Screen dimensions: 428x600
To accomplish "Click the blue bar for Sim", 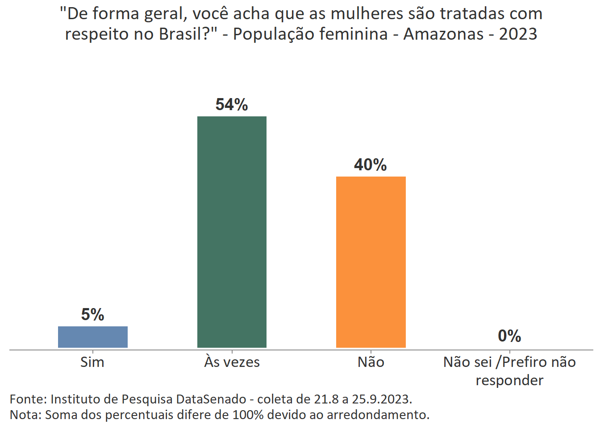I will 93,337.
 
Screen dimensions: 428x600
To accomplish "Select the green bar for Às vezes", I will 232,232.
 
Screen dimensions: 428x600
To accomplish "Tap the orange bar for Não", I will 371,262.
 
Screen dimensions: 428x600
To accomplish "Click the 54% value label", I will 232,105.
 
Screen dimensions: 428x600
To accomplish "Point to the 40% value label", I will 371,165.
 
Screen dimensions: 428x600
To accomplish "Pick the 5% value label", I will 93,315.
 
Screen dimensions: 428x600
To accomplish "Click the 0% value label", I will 509,336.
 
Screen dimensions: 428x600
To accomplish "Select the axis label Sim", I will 92,362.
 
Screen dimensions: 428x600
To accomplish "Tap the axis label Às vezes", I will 232,362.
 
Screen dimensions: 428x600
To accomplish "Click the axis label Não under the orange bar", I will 371,362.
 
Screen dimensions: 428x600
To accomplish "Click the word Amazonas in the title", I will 443,34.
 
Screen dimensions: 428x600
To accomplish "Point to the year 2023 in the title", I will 518,34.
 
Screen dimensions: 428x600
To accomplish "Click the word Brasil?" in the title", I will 193,34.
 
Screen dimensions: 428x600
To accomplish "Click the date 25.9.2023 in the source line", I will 381,399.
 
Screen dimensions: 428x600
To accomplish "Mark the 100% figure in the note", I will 249,415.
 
